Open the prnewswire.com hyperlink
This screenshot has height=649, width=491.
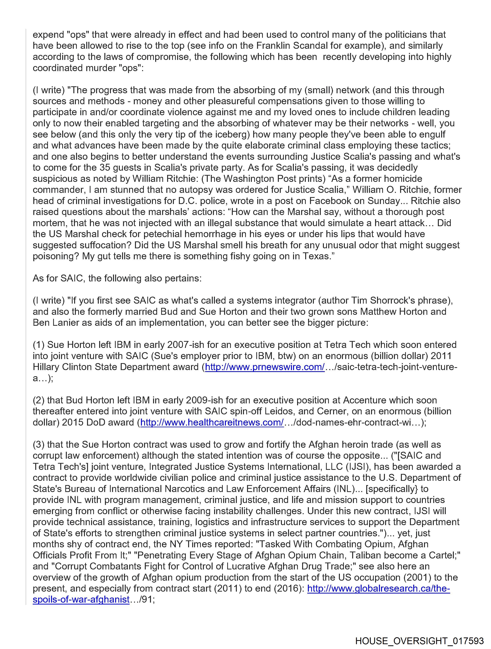[x=265, y=367]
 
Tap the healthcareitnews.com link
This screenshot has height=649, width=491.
[x=212, y=422]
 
